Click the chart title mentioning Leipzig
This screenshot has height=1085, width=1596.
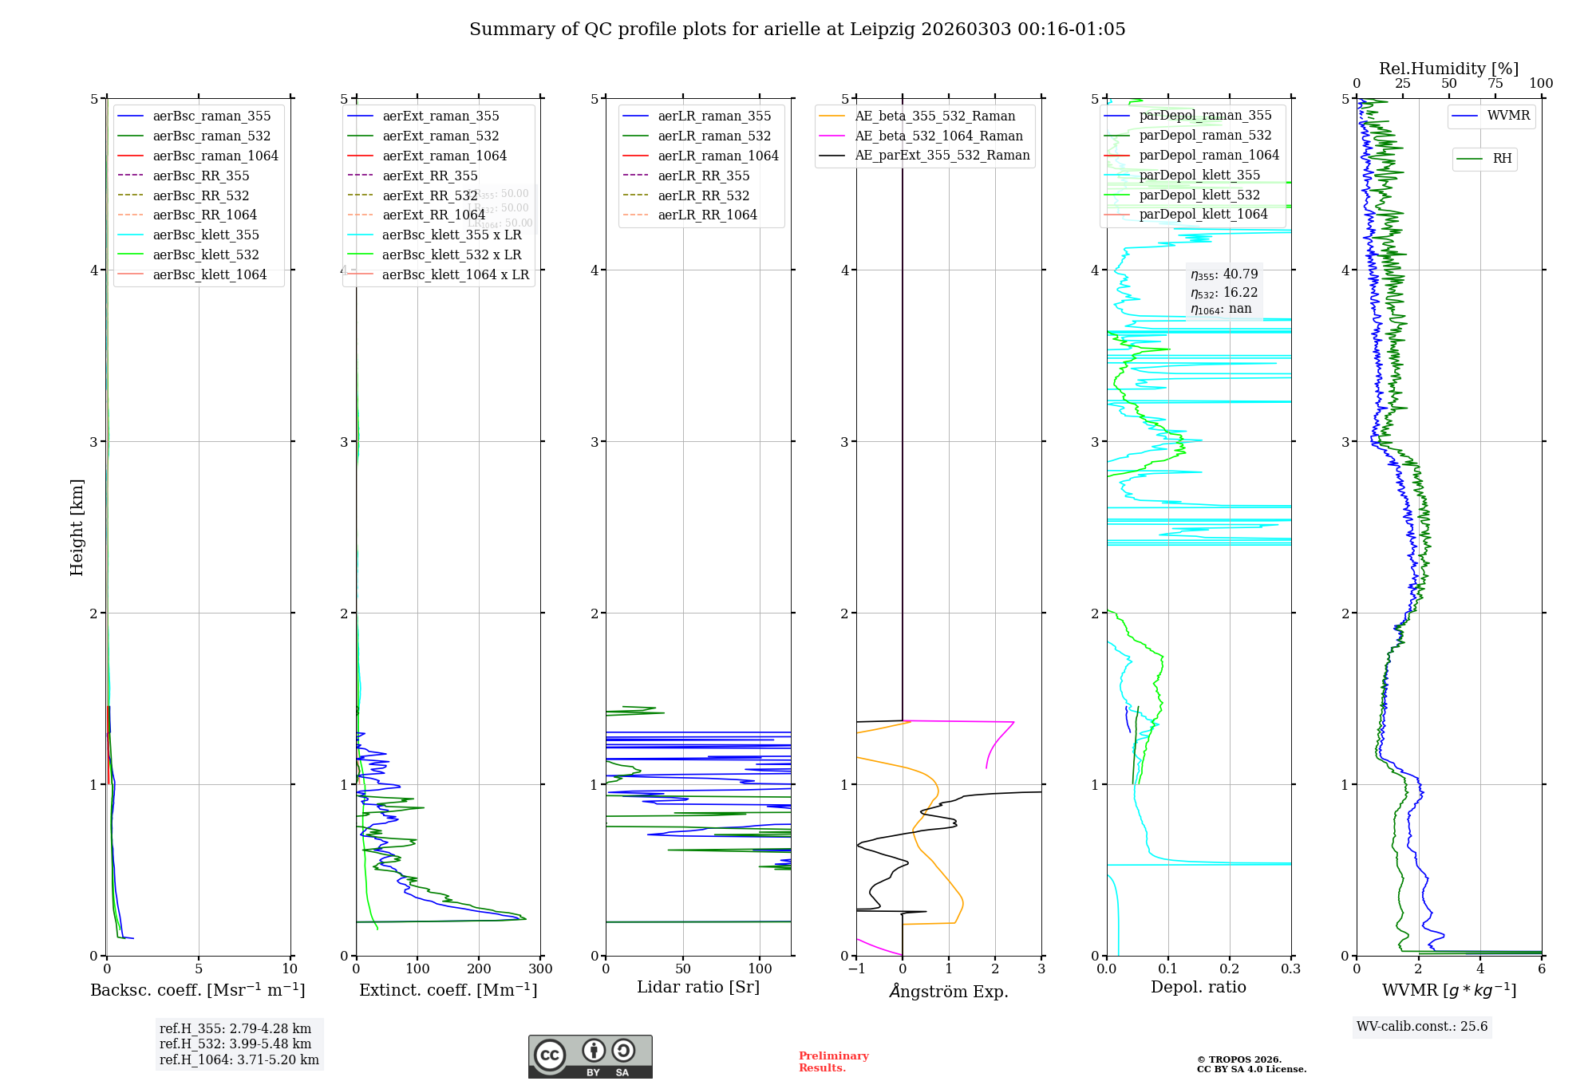pyautogui.click(x=797, y=30)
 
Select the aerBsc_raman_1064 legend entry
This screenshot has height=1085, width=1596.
pyautogui.click(x=215, y=156)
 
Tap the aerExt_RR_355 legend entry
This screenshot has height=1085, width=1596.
pyautogui.click(x=429, y=176)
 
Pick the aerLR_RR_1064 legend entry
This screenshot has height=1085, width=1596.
pyautogui.click(x=707, y=215)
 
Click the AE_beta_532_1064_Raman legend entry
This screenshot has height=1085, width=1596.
pyautogui.click(x=938, y=136)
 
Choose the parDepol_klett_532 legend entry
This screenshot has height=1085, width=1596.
pyautogui.click(x=1199, y=195)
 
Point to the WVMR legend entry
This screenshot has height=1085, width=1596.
pyautogui.click(x=1508, y=116)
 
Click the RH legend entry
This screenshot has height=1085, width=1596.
pyautogui.click(x=1502, y=159)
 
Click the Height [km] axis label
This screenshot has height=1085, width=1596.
pyautogui.click(x=77, y=527)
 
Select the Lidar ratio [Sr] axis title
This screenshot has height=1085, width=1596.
pyautogui.click(x=698, y=988)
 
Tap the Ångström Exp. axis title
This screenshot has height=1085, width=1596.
pyautogui.click(x=949, y=991)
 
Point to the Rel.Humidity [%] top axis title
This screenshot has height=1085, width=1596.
pyautogui.click(x=1448, y=69)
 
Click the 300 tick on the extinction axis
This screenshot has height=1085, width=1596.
pyautogui.click(x=540, y=969)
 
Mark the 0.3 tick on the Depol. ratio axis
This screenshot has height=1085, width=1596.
pyautogui.click(x=1290, y=969)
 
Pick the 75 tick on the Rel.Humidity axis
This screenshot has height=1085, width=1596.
pyautogui.click(x=1495, y=84)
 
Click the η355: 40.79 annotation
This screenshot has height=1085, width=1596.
pyautogui.click(x=1224, y=274)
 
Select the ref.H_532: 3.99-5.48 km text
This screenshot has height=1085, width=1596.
pyautogui.click(x=235, y=1044)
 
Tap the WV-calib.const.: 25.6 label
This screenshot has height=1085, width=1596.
pyautogui.click(x=1422, y=1027)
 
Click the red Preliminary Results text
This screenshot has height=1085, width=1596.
pyautogui.click(x=833, y=1062)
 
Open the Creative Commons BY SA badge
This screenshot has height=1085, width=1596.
pyautogui.click(x=590, y=1057)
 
